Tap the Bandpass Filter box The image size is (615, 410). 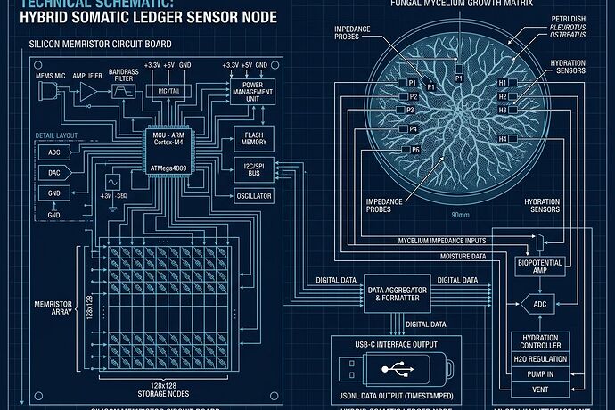click(122, 92)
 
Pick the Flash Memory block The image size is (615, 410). click(254, 137)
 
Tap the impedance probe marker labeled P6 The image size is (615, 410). click(414, 150)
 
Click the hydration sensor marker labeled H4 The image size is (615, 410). click(504, 140)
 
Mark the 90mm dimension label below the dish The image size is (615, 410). click(461, 215)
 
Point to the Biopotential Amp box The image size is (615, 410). click(539, 267)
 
